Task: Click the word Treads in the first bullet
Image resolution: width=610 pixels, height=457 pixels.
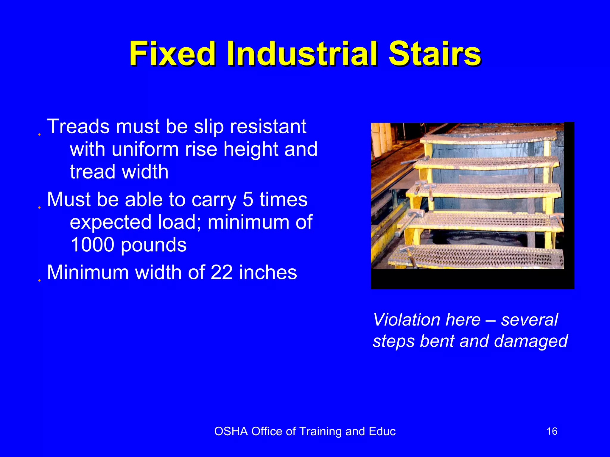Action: coord(78,126)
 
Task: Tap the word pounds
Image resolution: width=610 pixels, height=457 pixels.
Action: coord(154,245)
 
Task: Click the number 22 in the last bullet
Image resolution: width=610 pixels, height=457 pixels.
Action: coord(222,272)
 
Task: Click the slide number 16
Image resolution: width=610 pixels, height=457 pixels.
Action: coord(552,431)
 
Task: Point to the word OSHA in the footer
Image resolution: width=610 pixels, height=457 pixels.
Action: coord(231,431)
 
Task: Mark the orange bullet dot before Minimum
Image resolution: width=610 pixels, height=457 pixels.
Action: coord(39,280)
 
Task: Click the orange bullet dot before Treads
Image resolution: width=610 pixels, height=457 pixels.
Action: coord(39,134)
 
